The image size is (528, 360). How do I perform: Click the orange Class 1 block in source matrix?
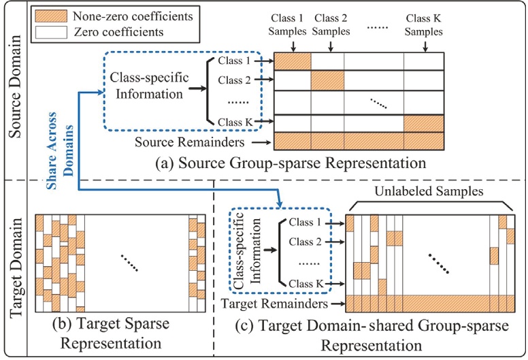[x=293, y=61]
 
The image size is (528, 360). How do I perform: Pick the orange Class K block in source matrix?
[x=423, y=122]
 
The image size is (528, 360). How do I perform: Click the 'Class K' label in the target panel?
[x=304, y=283]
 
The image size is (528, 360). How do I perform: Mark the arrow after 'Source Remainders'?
[x=256, y=142]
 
